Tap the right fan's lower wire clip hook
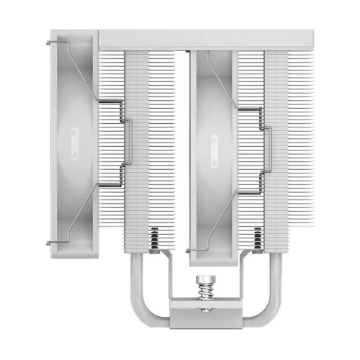point(188,251)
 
